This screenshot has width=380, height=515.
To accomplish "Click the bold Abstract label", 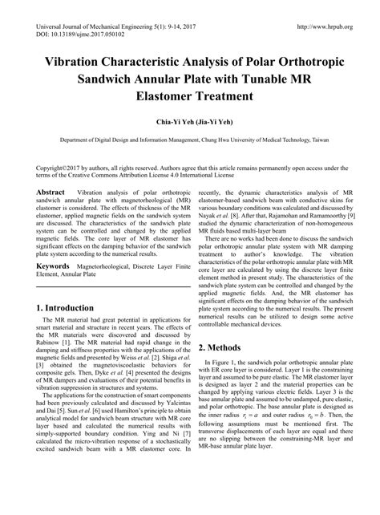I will (x=52, y=193).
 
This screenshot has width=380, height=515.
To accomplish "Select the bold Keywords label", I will (x=59, y=262).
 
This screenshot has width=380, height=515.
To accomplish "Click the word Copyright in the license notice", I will (x=51, y=168).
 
